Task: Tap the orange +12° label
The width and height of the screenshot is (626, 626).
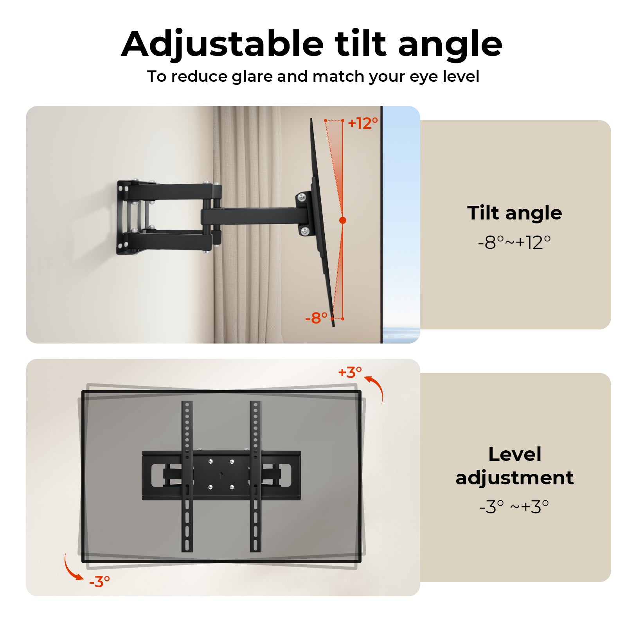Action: click(363, 123)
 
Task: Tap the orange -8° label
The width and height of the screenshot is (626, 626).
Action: click(316, 318)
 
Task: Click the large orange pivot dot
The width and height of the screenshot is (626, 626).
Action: click(343, 220)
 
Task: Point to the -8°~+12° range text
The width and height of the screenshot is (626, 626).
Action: click(514, 243)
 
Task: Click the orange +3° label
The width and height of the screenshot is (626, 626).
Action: click(350, 372)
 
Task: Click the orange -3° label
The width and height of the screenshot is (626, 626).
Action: click(99, 582)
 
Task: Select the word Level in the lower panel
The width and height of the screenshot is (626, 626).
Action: click(514, 454)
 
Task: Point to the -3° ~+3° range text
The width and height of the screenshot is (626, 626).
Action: click(514, 507)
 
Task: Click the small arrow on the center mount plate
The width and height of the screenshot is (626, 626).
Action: click(221, 475)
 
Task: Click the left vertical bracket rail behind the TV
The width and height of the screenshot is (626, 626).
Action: click(187, 476)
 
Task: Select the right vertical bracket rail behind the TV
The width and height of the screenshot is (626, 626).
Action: click(255, 476)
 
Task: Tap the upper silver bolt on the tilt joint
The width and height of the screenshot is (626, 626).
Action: click(302, 197)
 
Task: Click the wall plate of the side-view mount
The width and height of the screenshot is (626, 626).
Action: click(123, 217)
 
